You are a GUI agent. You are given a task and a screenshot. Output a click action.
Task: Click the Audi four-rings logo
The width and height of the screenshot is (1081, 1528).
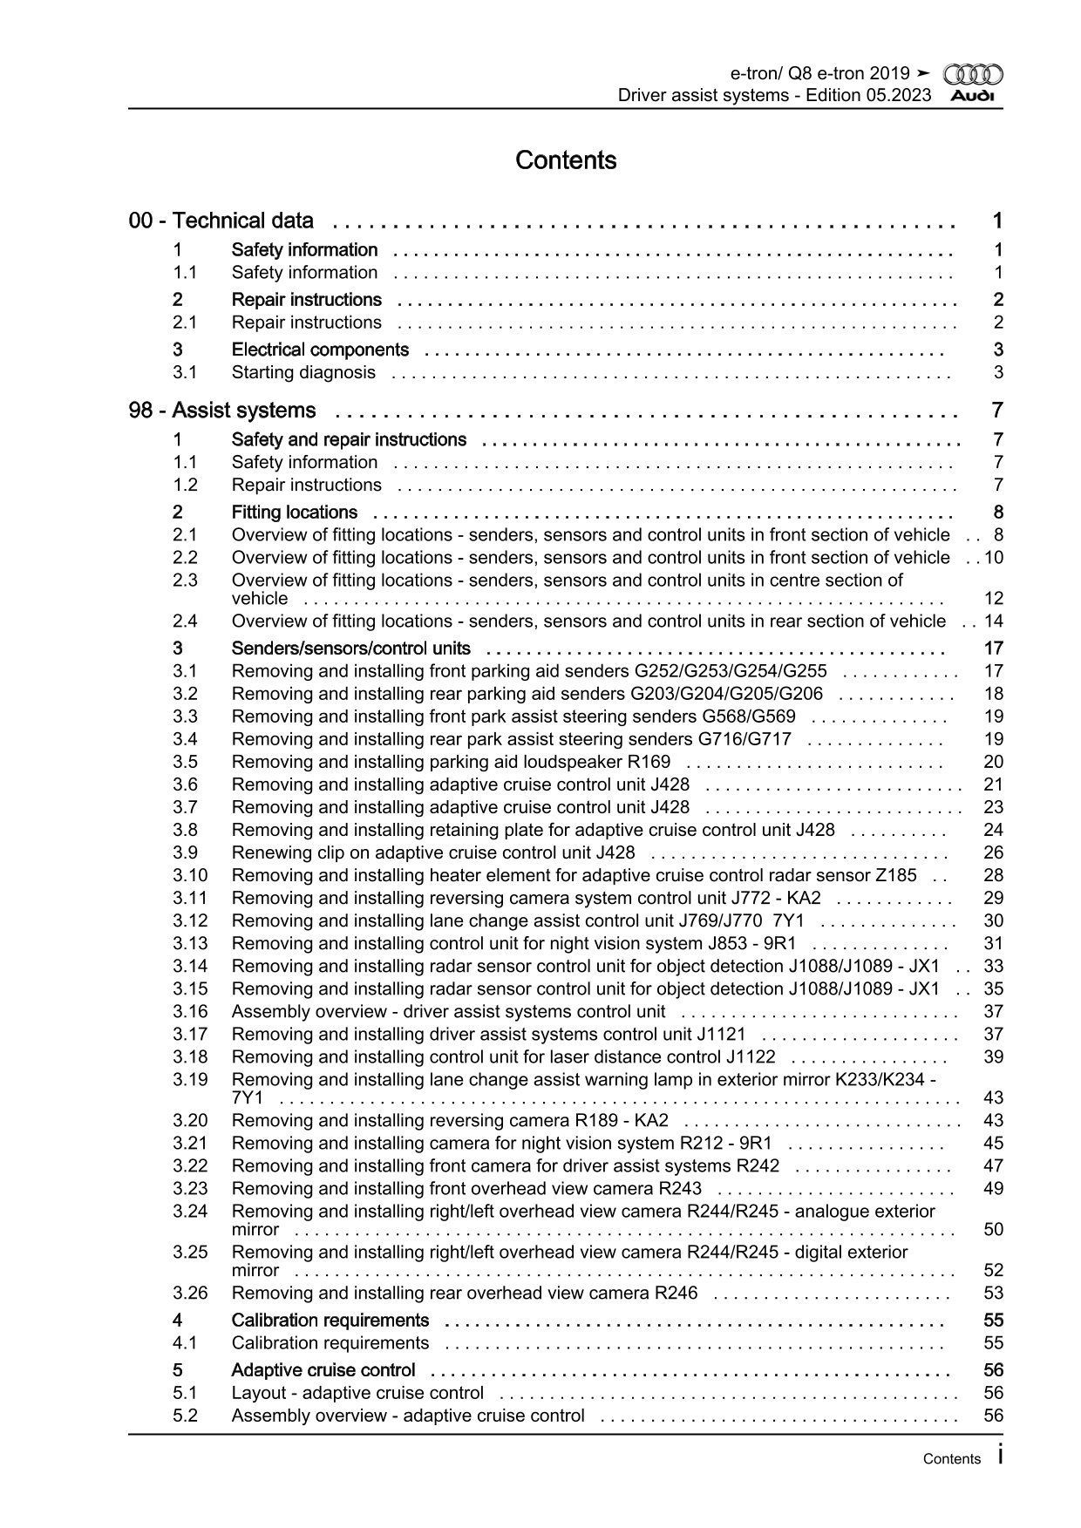pos(973,75)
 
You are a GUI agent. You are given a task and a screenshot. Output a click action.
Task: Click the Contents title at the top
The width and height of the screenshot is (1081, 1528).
pos(566,160)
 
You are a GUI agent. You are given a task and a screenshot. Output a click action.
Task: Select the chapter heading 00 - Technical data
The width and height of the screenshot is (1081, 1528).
pos(221,221)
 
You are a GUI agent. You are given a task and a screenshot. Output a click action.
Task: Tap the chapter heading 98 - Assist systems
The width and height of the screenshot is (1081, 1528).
pos(222,411)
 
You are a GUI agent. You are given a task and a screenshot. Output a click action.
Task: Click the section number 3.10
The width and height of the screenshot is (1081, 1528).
pos(190,875)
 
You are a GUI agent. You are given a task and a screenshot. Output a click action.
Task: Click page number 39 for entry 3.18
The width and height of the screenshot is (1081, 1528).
pos(993,1056)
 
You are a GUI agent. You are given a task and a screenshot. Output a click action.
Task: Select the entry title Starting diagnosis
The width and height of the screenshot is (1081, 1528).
pos(303,372)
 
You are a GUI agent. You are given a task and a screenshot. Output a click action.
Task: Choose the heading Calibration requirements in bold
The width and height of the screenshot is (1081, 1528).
pos(330,1320)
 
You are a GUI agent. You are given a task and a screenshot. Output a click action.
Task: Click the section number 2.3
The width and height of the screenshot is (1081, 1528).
pos(185,580)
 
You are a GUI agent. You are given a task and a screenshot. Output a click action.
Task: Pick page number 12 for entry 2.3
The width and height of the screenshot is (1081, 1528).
pos(993,599)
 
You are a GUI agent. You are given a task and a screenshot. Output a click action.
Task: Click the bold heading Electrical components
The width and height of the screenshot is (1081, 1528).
pos(320,350)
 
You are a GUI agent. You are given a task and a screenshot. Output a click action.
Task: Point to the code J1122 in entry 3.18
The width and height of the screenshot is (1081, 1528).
pos(751,1056)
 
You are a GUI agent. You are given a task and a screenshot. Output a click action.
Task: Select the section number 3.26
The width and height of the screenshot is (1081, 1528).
pos(190,1293)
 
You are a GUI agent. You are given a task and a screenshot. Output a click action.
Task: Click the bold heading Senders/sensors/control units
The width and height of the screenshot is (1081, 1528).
pos(350,649)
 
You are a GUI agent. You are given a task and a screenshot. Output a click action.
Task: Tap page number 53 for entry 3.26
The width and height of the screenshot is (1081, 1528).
pos(993,1293)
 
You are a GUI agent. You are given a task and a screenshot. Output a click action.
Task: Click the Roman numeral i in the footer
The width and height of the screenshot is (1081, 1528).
pos(1000,1455)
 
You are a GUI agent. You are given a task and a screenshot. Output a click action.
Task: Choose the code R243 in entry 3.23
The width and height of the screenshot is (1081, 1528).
pos(680,1188)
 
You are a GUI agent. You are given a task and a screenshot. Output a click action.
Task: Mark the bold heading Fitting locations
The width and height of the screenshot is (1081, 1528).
pos(294,513)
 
